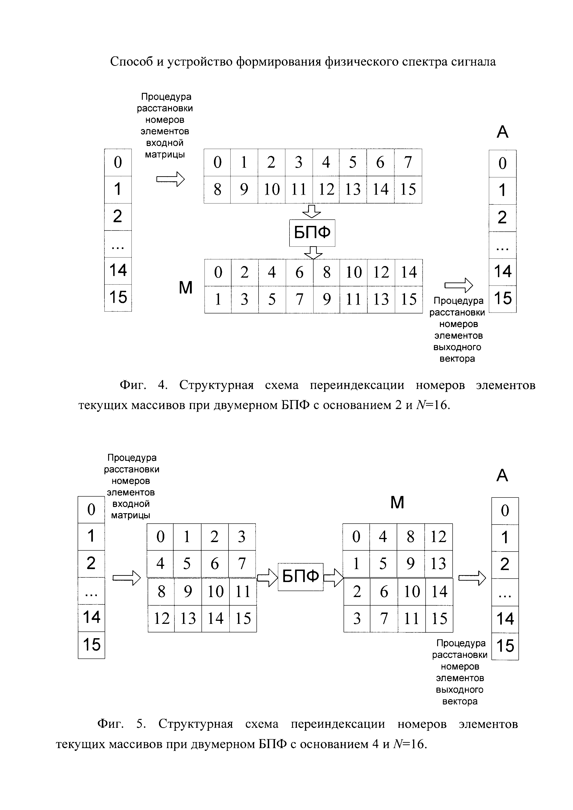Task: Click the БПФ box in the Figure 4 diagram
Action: (x=312, y=233)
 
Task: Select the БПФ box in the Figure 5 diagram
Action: (x=300, y=576)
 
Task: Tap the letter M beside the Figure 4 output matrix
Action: (x=186, y=288)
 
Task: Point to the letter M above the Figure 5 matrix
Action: (x=397, y=502)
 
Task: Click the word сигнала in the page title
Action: (x=473, y=62)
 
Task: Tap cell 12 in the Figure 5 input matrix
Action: (x=161, y=619)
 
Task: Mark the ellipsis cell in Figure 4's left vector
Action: (x=118, y=244)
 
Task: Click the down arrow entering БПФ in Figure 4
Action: (x=312, y=211)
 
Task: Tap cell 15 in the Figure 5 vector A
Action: (x=505, y=646)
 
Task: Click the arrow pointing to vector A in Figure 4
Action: (x=458, y=285)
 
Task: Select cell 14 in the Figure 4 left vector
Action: (x=118, y=271)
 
